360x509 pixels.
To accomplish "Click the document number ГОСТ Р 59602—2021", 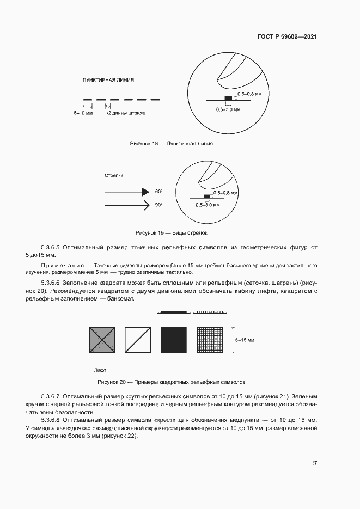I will click(287, 36).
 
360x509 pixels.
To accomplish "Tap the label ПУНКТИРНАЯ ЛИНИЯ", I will click(108, 79).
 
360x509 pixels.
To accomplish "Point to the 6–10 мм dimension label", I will click(83, 114).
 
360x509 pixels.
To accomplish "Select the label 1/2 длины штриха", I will click(125, 114).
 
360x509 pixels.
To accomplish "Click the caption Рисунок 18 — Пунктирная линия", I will click(171, 144).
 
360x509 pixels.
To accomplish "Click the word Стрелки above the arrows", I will click(114, 175).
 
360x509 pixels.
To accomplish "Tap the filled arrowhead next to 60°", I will click(145, 192).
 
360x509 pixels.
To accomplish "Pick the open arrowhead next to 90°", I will click(145, 205).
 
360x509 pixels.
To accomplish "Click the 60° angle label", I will click(159, 192).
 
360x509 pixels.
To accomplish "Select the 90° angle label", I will click(159, 205).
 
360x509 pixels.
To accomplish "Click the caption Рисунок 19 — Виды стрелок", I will click(172, 232).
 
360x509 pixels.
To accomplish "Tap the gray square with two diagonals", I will click(102, 340).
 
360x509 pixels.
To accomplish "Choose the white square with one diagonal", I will click(138, 340).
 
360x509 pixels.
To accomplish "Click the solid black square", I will click(174, 340).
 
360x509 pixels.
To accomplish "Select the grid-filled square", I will click(210, 340).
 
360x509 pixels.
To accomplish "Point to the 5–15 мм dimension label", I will click(245, 340).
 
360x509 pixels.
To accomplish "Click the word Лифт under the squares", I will click(100, 370).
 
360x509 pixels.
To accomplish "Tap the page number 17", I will click(314, 463).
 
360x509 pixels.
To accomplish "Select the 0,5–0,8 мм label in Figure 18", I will click(251, 94).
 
